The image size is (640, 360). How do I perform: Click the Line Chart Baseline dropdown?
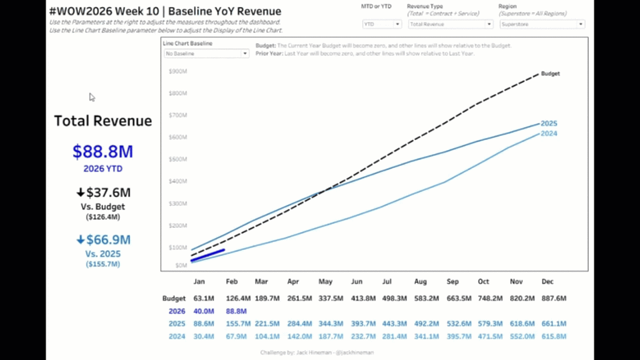pyautogui.click(x=206, y=54)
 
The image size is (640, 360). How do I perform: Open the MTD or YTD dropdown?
pyautogui.click(x=382, y=24)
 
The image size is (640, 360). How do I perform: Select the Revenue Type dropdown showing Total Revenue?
pyautogui.click(x=451, y=24)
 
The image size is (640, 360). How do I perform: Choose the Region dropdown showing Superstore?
pyautogui.click(x=542, y=24)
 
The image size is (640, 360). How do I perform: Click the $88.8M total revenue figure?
pyautogui.click(x=102, y=152)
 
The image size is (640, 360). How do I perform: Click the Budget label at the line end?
pyautogui.click(x=550, y=73)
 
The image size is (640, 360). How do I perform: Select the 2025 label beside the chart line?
pyautogui.click(x=549, y=123)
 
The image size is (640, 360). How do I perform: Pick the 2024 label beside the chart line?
pyautogui.click(x=549, y=133)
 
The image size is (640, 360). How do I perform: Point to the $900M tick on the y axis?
pyautogui.click(x=178, y=71)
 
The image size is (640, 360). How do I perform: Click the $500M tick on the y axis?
pyautogui.click(x=178, y=159)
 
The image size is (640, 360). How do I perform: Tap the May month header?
pyautogui.click(x=325, y=282)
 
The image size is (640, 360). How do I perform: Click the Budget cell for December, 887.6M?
pyautogui.click(x=553, y=299)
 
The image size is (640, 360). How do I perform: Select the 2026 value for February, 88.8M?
pyautogui.click(x=236, y=311)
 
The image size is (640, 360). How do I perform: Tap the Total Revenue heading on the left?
pyautogui.click(x=103, y=121)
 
